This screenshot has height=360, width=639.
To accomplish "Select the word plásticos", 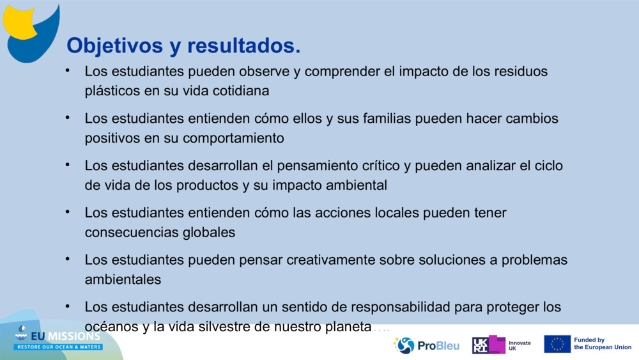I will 112,91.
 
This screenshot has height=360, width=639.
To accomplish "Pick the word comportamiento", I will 233,138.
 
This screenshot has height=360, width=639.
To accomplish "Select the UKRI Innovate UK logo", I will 502,345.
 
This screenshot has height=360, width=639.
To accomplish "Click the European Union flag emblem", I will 557,344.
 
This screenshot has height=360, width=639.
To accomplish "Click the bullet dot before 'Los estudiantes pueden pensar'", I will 66,258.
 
